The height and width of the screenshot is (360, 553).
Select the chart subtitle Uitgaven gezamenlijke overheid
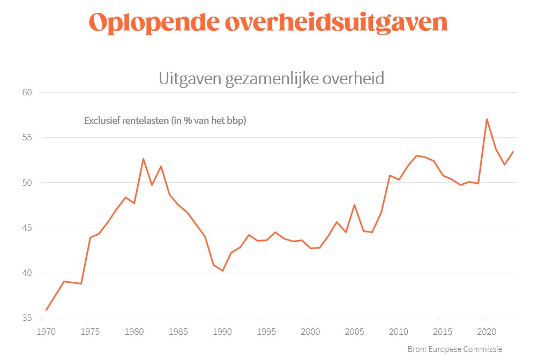point(271,79)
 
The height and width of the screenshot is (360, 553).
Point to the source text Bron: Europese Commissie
point(455,349)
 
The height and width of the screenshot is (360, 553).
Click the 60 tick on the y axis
point(27,92)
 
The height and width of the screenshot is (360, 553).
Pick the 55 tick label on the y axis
point(27,138)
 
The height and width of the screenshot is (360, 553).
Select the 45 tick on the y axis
point(27,228)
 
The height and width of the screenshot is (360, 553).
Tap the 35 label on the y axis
point(27,318)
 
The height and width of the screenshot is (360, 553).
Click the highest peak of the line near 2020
point(487,119)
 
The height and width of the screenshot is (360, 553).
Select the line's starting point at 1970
point(46,310)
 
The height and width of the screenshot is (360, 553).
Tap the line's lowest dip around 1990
point(222,271)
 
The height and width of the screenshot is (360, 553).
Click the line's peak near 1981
point(143,159)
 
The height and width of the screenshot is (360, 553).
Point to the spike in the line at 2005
point(354,205)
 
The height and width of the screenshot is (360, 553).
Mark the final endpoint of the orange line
point(513,152)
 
